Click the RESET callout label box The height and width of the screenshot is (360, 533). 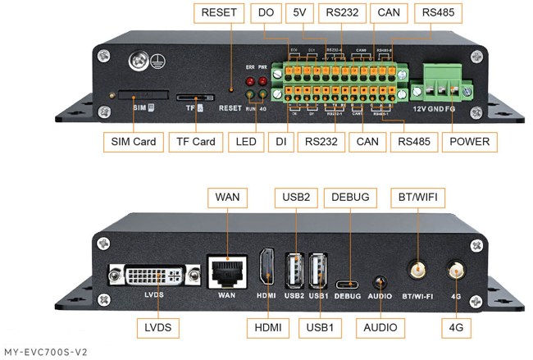pos(218,13)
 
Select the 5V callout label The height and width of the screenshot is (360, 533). pos(299,13)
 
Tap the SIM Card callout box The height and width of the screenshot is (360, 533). pos(133,142)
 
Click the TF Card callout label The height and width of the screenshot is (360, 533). pos(197,142)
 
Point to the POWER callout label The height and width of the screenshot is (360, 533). pos(469,142)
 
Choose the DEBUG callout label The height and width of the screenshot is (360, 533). pos(351,198)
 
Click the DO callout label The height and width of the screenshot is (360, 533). pos(266,13)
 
